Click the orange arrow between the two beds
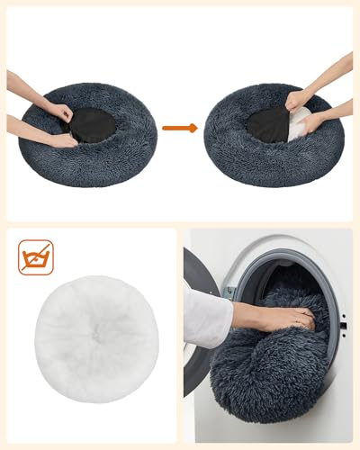(179, 129)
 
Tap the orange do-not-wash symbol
(36, 256)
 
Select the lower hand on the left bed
(63, 139)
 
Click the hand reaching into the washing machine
(288, 317)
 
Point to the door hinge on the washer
(230, 292)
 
